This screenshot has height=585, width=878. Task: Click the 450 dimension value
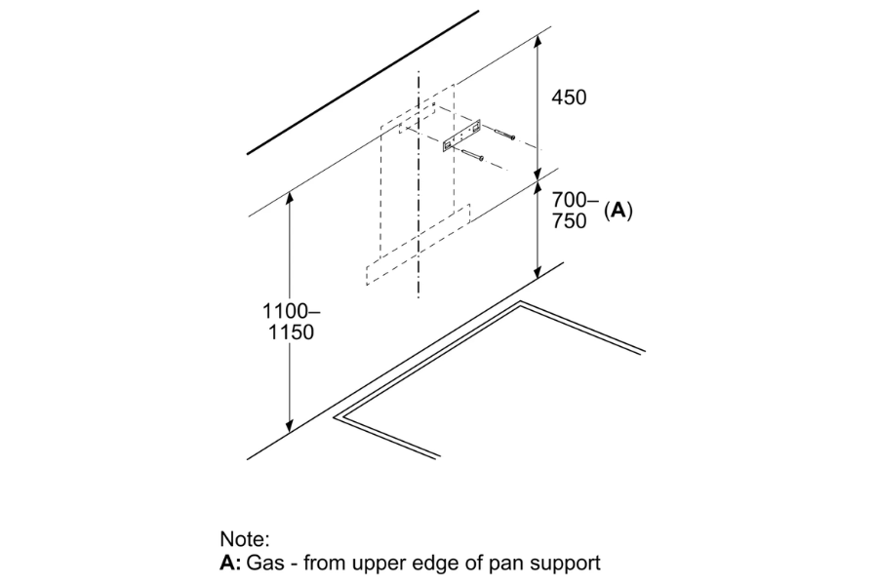click(x=569, y=97)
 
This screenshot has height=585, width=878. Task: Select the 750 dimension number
click(x=569, y=220)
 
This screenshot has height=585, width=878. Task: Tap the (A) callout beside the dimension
click(x=619, y=211)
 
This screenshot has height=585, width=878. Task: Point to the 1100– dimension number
click(x=292, y=311)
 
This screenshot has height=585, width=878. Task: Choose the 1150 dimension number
click(x=291, y=331)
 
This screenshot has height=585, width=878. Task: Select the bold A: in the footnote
click(x=230, y=562)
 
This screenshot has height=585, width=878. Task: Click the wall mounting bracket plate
click(x=462, y=136)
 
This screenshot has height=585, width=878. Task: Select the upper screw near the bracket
click(x=504, y=135)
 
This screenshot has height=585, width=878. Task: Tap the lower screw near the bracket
click(x=472, y=156)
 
